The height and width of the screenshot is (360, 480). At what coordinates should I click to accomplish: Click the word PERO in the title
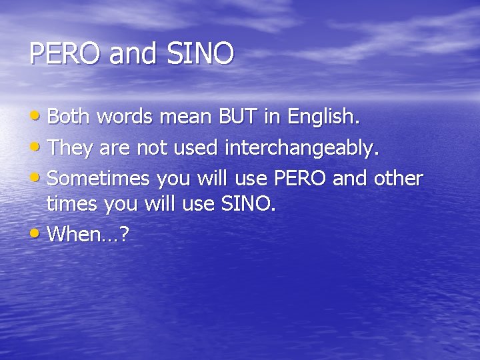(65, 54)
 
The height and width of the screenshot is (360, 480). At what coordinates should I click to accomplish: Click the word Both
(70, 117)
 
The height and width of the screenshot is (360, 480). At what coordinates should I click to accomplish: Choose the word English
(324, 118)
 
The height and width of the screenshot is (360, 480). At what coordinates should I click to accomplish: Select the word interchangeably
(302, 149)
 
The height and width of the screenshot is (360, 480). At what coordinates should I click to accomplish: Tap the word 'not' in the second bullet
(152, 148)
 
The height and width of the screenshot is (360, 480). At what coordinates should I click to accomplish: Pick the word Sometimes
(101, 179)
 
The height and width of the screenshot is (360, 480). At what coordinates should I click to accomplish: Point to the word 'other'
(398, 179)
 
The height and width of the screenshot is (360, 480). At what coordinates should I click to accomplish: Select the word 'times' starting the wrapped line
(72, 204)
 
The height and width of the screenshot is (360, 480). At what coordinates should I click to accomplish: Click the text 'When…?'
(89, 234)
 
